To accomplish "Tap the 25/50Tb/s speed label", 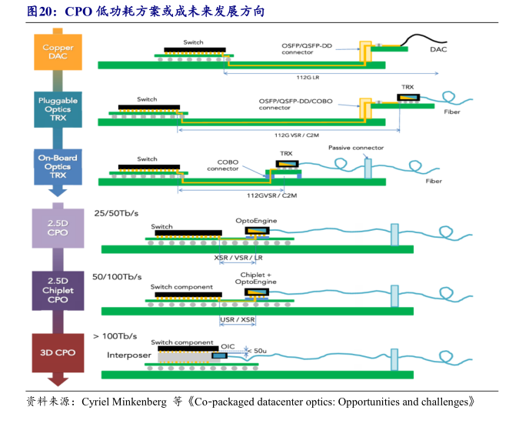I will click(115, 212).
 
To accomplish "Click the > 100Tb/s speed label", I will click(115, 336).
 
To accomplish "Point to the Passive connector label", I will click(355, 148).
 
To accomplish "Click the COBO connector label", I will click(223, 165).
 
